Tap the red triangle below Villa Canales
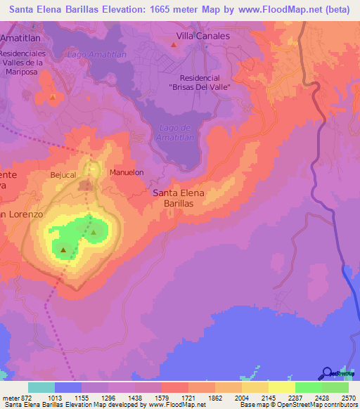click(x=174, y=45)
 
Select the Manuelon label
click(x=127, y=171)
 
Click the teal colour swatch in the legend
click(x=41, y=387)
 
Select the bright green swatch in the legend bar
click(x=309, y=387)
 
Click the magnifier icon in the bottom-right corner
click(x=326, y=373)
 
